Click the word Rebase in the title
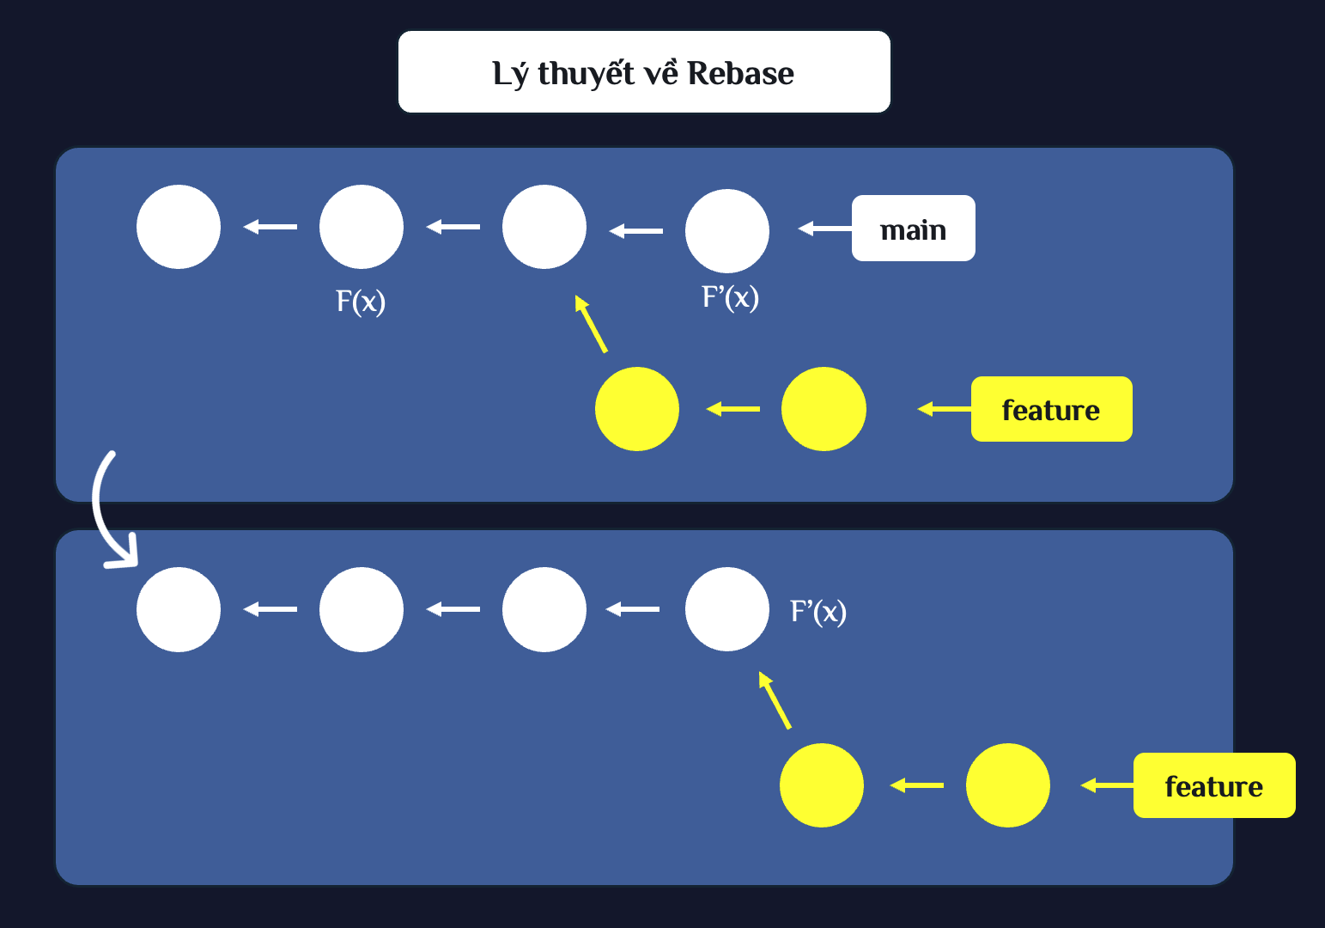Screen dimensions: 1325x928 point(740,73)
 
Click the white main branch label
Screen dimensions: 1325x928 point(914,228)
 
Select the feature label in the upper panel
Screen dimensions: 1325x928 point(1052,409)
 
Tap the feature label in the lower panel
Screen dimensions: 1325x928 point(1214,785)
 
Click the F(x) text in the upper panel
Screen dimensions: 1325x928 point(361,302)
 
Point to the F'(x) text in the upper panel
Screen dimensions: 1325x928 point(730,297)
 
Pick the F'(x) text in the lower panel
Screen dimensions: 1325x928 point(818,612)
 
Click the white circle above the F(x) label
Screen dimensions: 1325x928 point(362,227)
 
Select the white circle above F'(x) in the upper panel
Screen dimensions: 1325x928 point(727,231)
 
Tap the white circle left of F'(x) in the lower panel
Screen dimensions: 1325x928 point(727,609)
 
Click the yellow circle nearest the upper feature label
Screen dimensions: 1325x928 point(824,409)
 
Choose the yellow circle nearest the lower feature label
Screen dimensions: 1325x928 point(1008,785)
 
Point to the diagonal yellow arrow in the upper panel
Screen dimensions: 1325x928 point(591,324)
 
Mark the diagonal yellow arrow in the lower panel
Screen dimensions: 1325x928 point(775,700)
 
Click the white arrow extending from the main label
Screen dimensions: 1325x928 point(824,228)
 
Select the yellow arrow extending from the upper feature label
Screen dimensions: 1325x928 point(944,409)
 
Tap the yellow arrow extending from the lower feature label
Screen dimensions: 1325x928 point(1107,785)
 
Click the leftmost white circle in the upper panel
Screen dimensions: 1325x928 point(179,227)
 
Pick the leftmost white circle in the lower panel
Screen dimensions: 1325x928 point(179,609)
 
